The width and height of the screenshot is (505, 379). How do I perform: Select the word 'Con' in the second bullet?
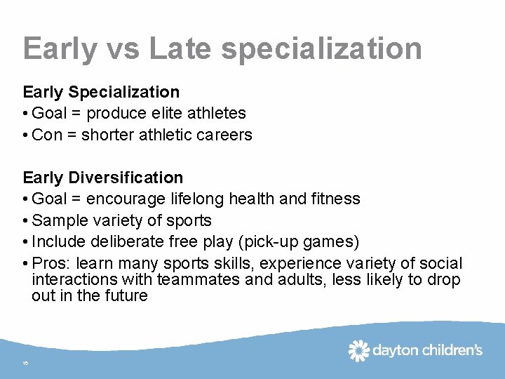click(x=47, y=135)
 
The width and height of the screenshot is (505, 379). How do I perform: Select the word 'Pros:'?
click(x=52, y=264)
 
